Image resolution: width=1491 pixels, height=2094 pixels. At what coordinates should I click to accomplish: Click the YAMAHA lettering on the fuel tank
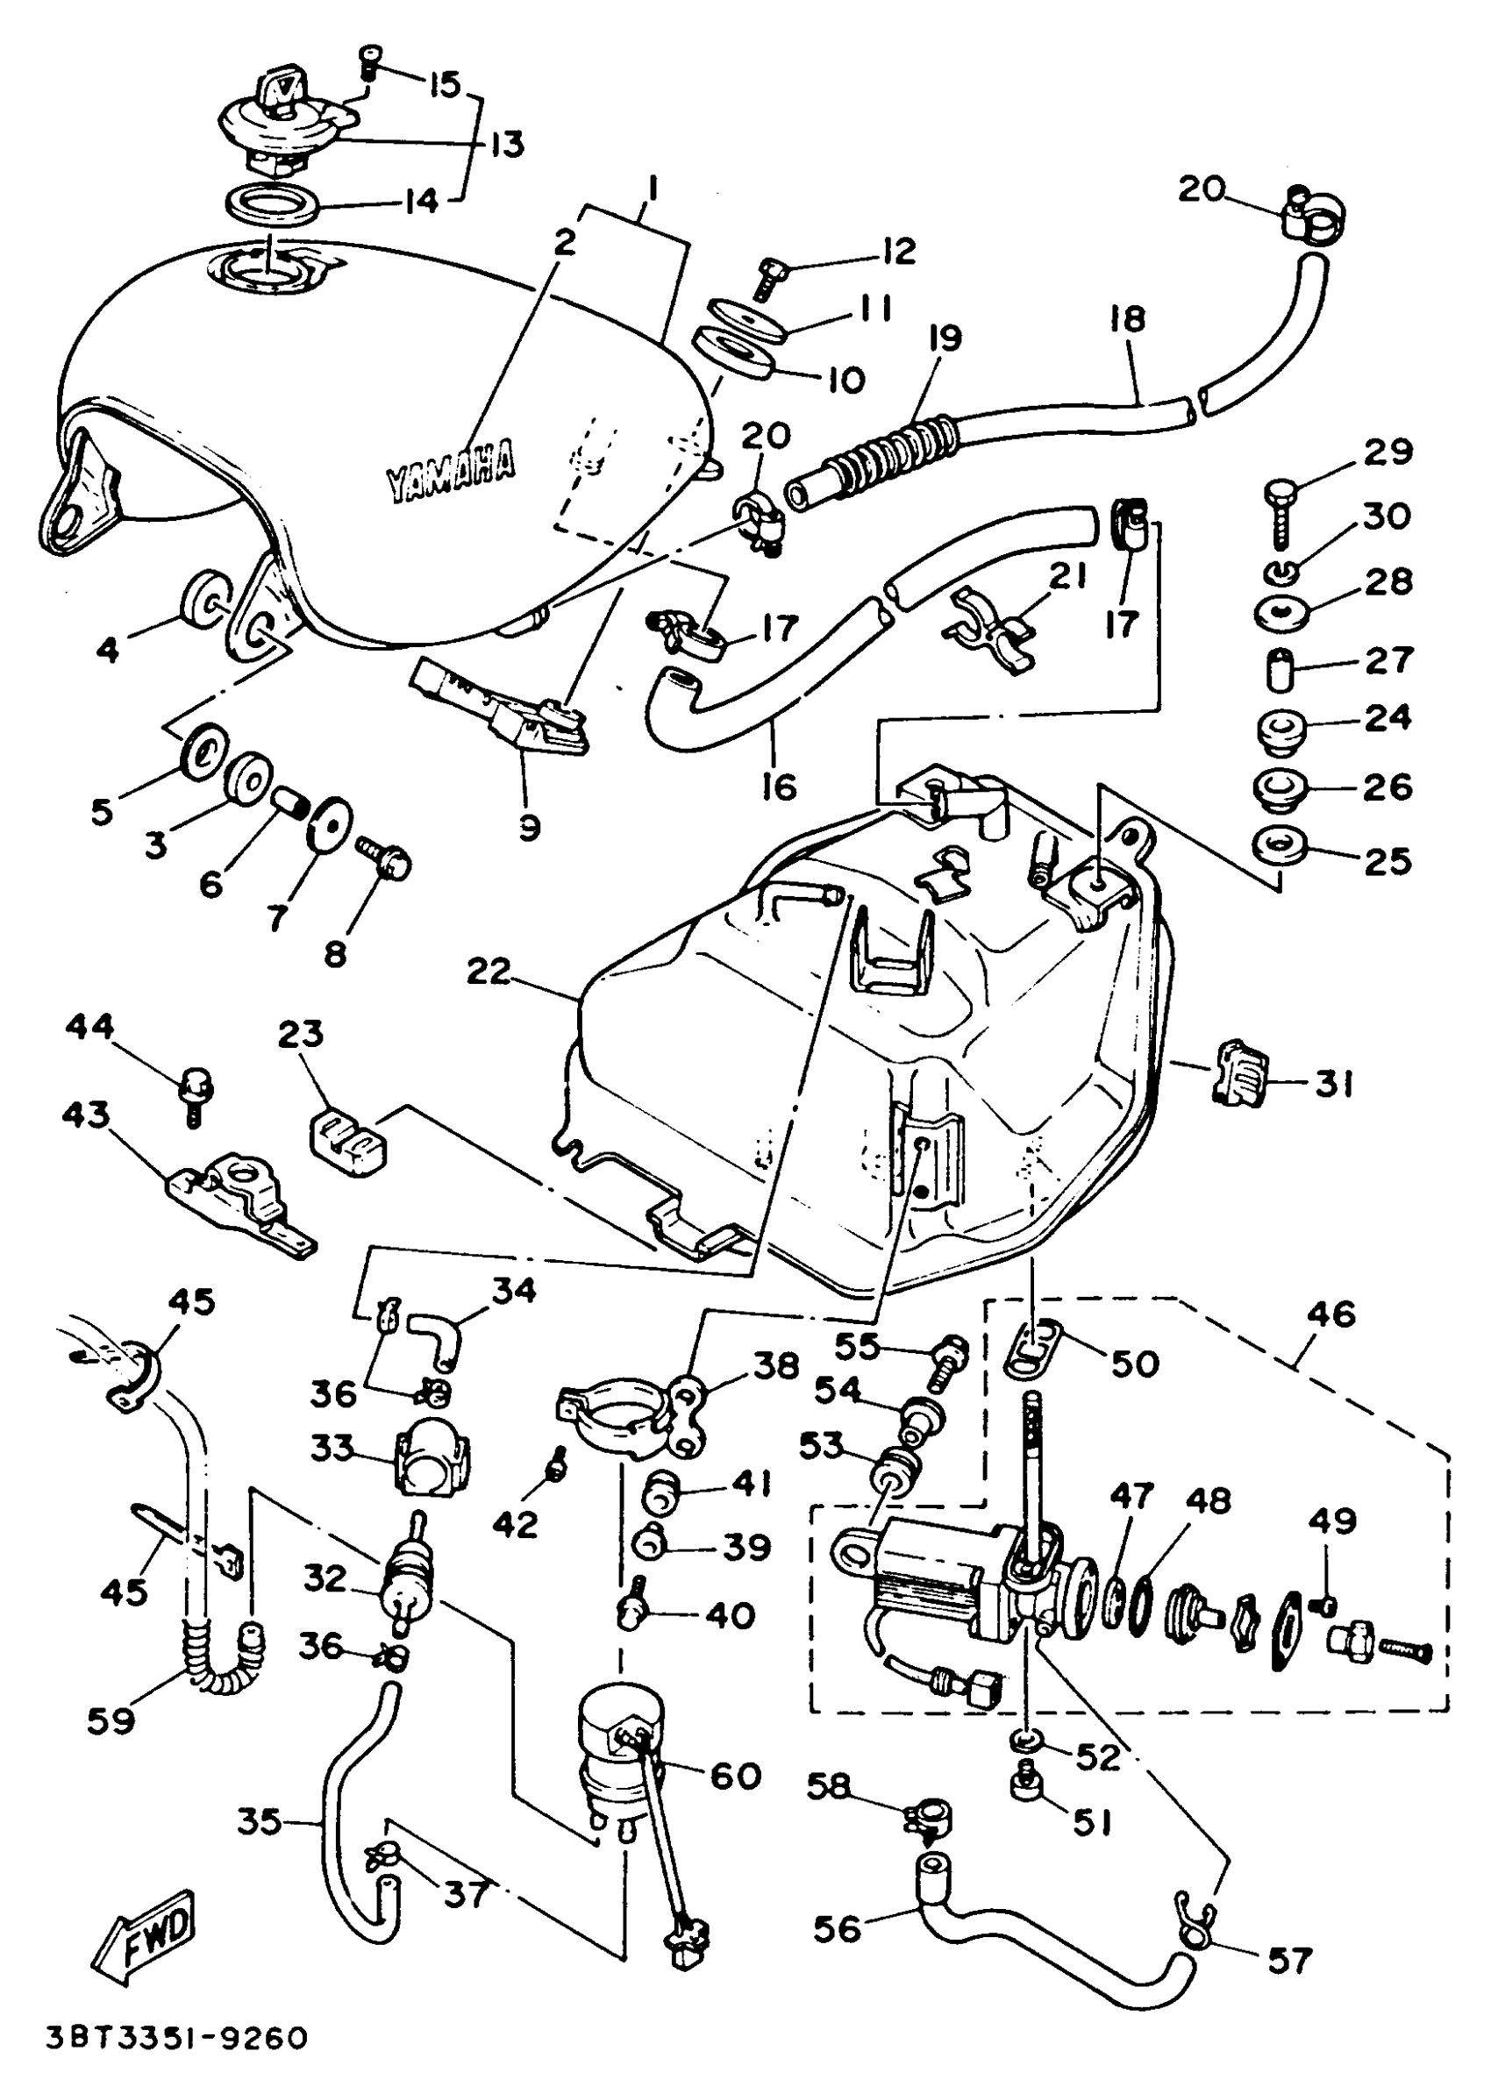click(x=450, y=473)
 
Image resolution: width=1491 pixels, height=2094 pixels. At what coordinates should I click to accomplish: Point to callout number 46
click(x=1332, y=1314)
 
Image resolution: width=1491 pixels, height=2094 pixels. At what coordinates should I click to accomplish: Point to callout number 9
click(x=529, y=827)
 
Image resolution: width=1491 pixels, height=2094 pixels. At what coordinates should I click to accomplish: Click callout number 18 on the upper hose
click(x=1127, y=318)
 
